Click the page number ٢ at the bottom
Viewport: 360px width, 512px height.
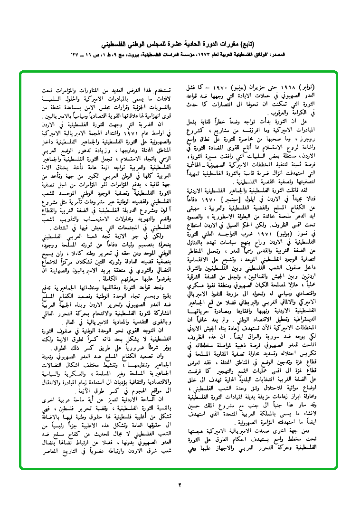[180, 485]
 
